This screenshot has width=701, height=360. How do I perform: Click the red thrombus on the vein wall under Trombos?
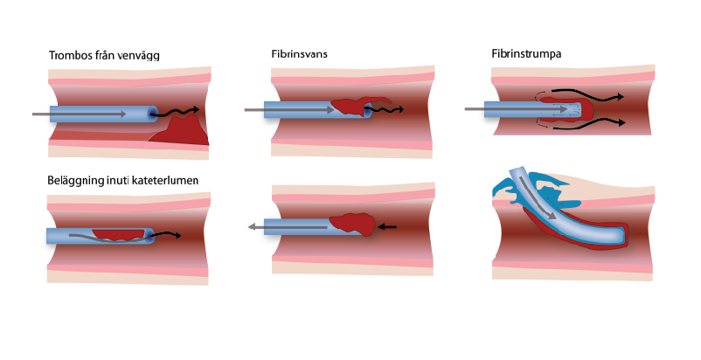coord(181,130)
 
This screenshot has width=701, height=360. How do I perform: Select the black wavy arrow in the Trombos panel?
coord(178,112)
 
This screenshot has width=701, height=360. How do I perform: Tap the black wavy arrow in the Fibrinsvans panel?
coord(389,110)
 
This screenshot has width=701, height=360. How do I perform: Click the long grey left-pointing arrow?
coord(288,227)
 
